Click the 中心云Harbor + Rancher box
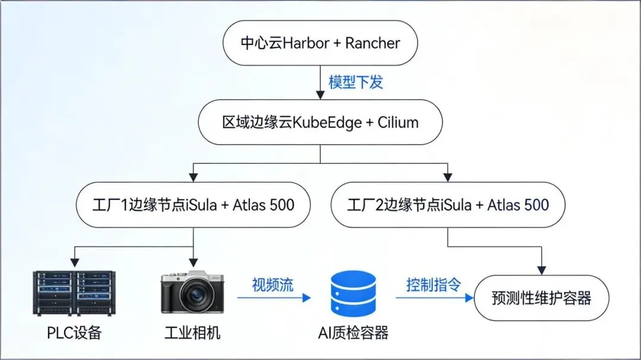[x=320, y=43]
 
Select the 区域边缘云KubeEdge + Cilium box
[x=320, y=123]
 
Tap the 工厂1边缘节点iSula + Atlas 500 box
[x=194, y=205]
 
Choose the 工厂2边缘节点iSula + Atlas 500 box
[x=448, y=205]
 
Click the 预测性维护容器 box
[x=542, y=298]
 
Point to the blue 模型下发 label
[x=356, y=82]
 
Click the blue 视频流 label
[x=272, y=285]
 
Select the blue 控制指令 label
[x=433, y=285]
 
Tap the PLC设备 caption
[x=74, y=333]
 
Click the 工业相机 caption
[x=192, y=333]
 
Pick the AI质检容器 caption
[x=353, y=333]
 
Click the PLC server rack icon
[x=74, y=292]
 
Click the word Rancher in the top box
[x=373, y=43]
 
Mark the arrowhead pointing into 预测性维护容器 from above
[x=542, y=270]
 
